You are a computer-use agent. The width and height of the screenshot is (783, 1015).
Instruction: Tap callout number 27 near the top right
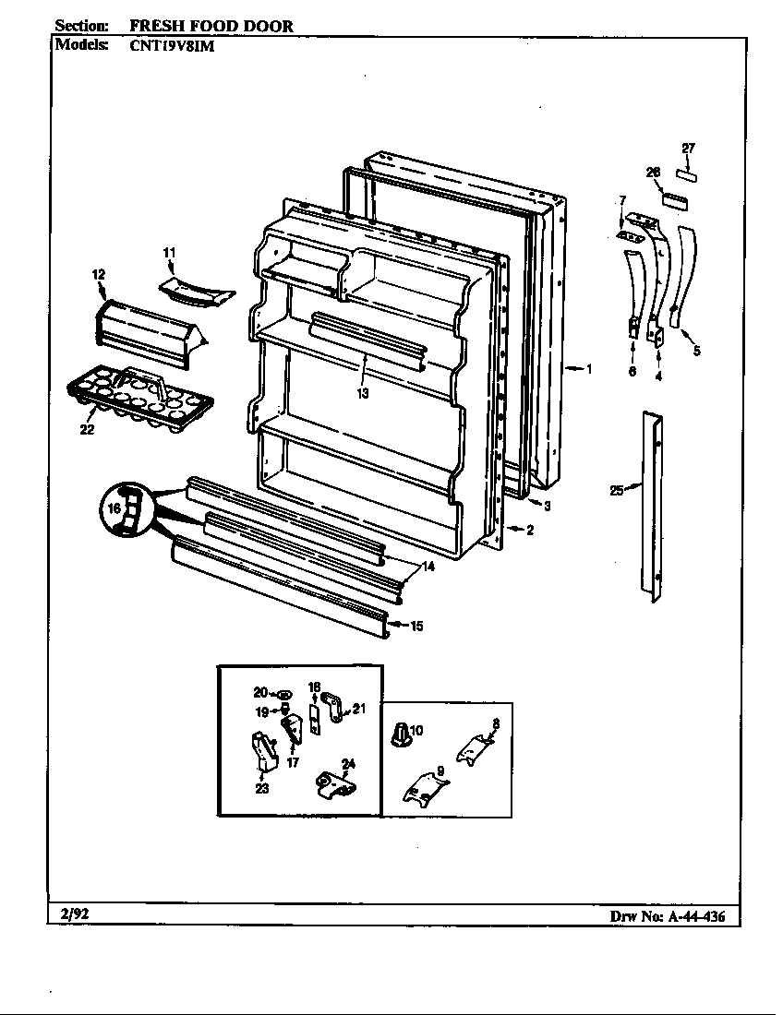[x=688, y=148]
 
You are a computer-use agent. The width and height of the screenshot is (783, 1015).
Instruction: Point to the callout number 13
[x=363, y=393]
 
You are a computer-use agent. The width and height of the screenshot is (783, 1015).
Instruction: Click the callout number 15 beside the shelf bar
[x=416, y=627]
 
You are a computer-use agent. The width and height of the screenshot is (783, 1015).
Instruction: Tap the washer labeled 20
[x=284, y=693]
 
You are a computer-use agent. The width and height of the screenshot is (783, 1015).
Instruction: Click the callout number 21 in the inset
[x=359, y=709]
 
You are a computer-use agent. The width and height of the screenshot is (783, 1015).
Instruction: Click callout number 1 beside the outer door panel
[x=588, y=369]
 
